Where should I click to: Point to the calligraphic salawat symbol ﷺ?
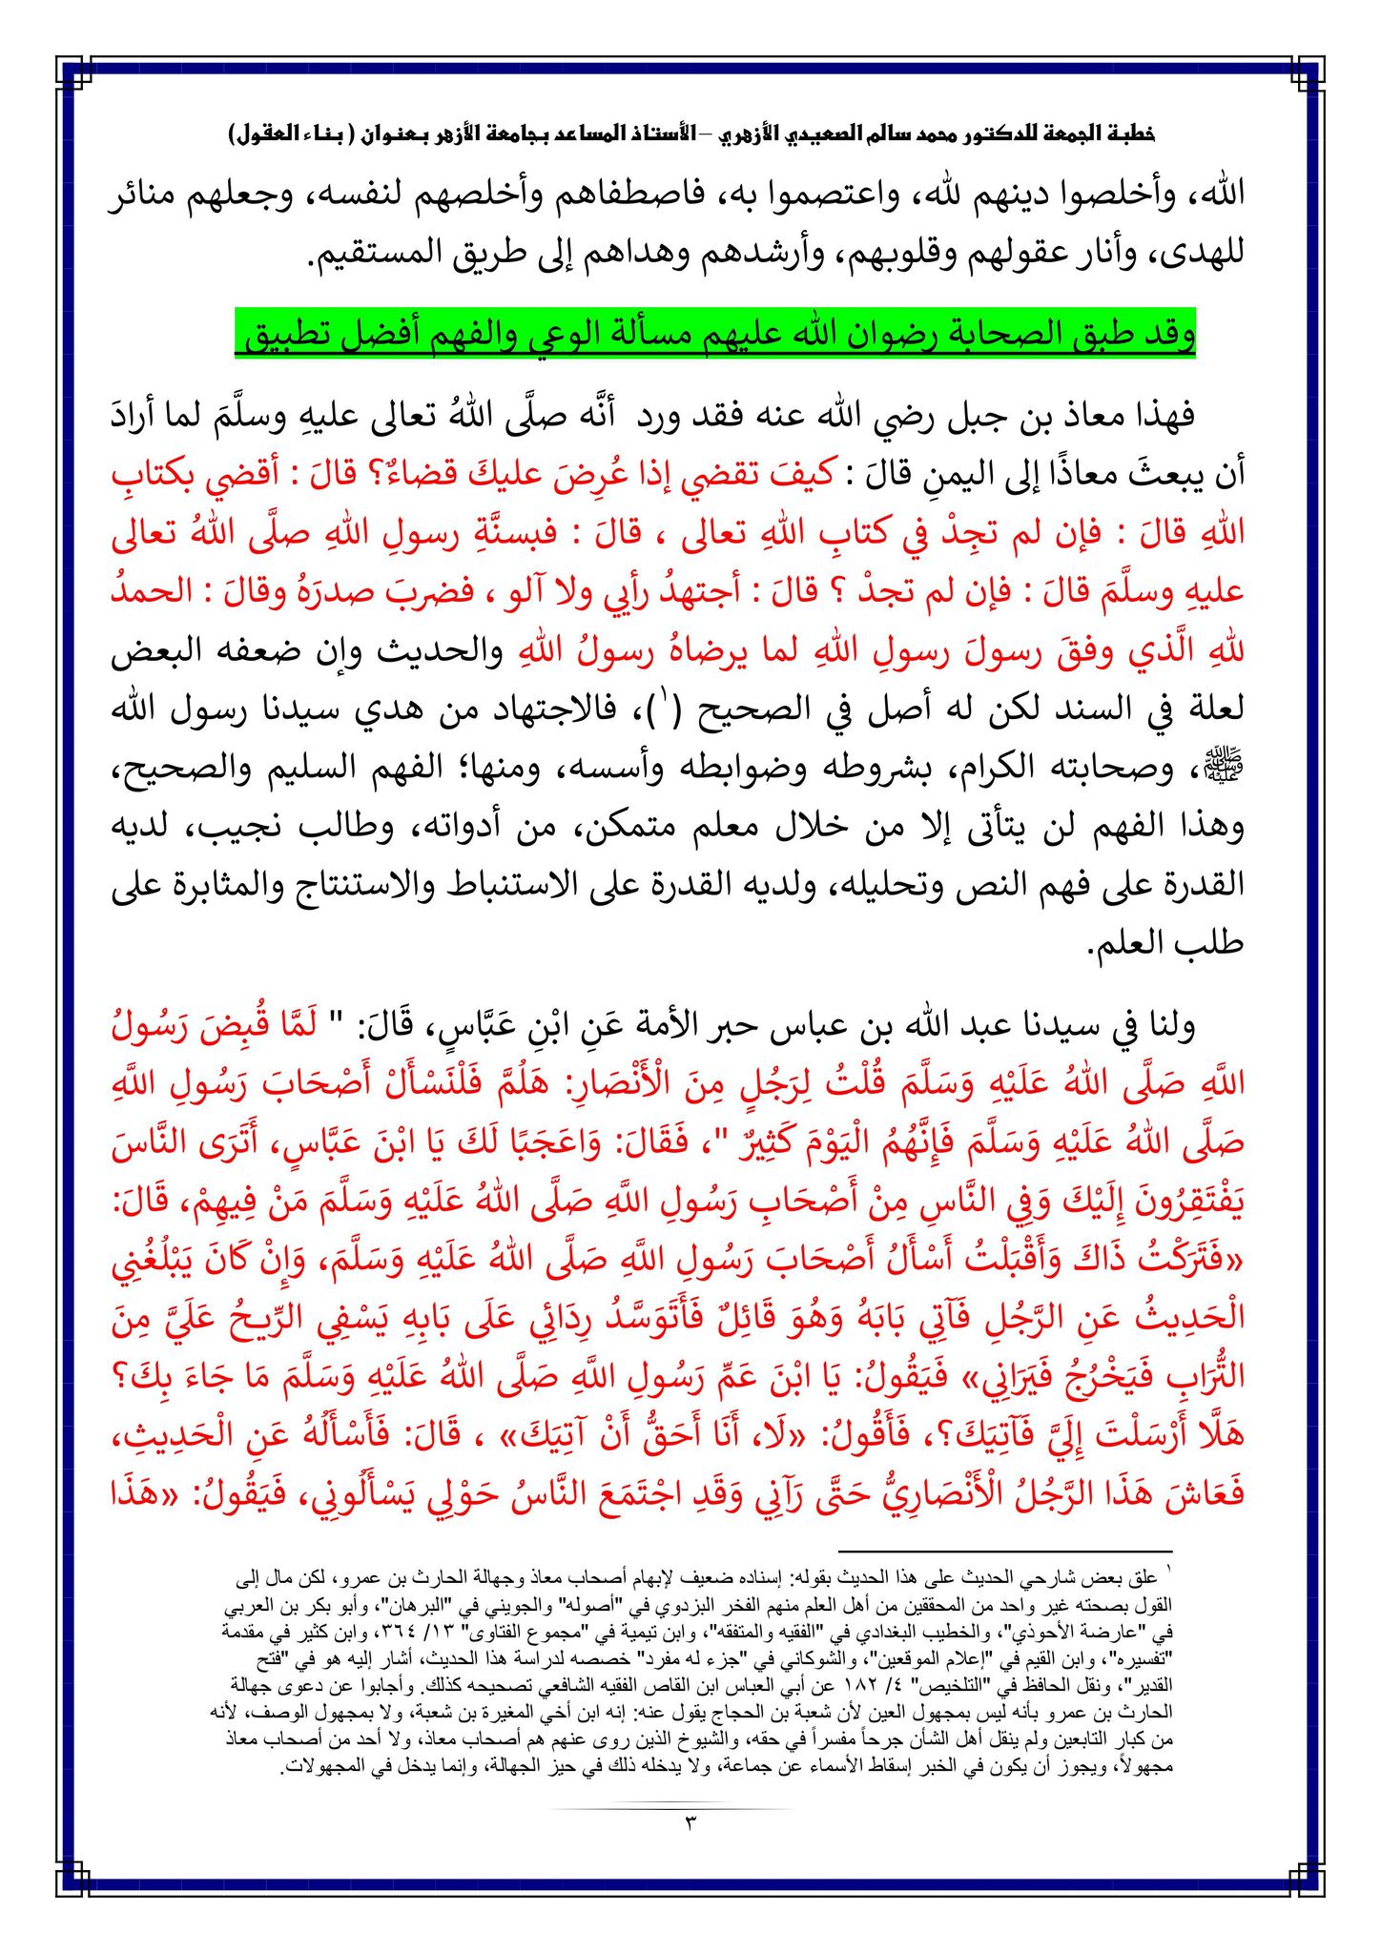1228,771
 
